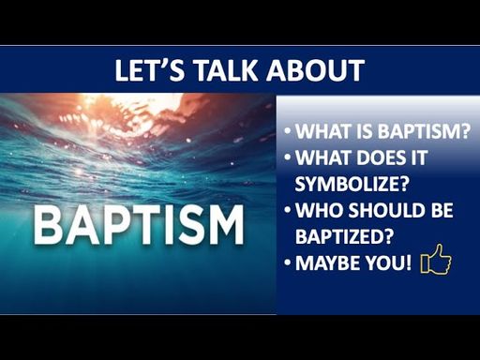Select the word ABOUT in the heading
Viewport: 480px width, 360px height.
point(316,70)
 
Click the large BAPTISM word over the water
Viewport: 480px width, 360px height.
point(139,224)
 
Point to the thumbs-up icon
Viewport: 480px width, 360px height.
point(436,260)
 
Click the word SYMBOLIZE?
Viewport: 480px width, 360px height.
point(352,184)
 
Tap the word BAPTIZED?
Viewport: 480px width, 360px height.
point(344,236)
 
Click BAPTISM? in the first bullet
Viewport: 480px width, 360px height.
point(425,131)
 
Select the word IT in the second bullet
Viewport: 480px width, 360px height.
point(416,157)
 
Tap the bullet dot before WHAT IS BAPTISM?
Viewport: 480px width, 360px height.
point(288,130)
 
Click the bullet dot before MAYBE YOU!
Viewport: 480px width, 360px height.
point(288,262)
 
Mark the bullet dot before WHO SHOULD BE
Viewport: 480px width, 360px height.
point(288,209)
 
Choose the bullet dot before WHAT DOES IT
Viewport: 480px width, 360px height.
point(288,157)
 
